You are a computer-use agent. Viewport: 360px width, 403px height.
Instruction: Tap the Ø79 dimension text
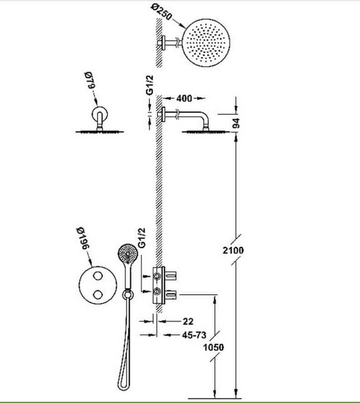click(x=90, y=81)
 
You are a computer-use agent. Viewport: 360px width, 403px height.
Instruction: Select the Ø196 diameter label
click(x=83, y=238)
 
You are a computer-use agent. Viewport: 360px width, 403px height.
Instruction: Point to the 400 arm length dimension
click(x=184, y=98)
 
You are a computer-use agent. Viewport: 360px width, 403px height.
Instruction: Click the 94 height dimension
click(x=236, y=123)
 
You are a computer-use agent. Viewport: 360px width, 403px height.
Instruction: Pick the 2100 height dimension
click(x=233, y=250)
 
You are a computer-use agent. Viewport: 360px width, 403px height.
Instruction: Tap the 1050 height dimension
click(x=213, y=347)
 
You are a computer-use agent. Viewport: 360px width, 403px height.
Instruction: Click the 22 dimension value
click(x=188, y=321)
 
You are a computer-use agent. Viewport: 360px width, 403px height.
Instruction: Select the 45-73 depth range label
click(x=194, y=335)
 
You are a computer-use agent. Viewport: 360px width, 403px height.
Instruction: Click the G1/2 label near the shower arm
click(x=150, y=85)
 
